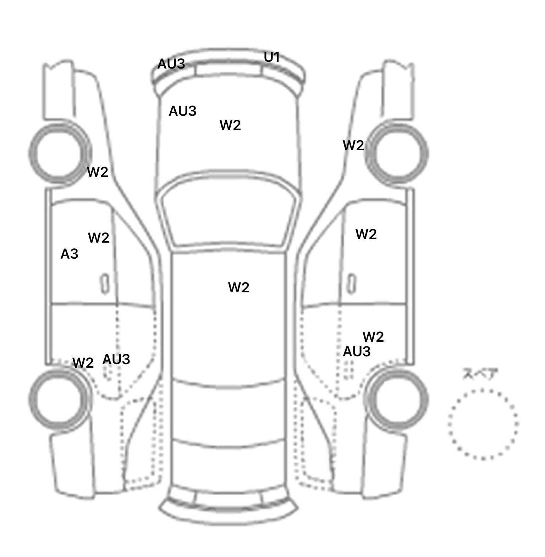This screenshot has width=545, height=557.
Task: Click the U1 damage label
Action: point(272,57)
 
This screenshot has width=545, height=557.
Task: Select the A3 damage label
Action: point(69,254)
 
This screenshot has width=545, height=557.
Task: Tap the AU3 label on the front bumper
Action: point(171,64)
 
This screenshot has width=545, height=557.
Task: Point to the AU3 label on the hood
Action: point(182,111)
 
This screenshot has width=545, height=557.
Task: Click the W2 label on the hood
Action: point(230,125)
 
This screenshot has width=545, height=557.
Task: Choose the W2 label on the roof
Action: point(239,287)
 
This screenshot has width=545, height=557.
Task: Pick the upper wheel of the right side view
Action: point(426,154)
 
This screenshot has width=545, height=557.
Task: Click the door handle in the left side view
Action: point(105,284)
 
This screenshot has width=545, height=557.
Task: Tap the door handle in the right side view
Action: point(352,284)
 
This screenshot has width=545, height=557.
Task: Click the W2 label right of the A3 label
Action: point(98,238)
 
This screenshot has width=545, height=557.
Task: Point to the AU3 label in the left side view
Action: point(116,359)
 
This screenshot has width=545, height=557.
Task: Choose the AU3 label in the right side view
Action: point(357,352)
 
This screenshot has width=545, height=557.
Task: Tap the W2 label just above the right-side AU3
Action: point(373,337)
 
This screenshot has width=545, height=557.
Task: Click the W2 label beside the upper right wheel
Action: point(353,146)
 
